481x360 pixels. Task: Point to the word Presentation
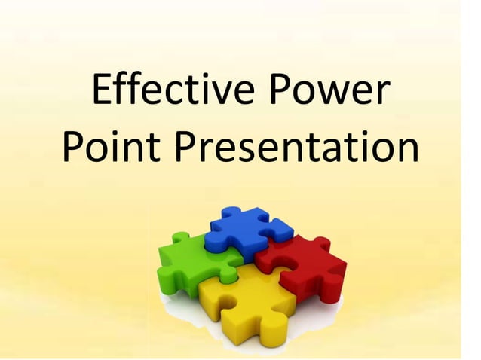pyautogui.click(x=296, y=149)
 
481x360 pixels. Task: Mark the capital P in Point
pyautogui.click(x=72, y=149)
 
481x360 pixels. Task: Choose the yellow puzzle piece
pyautogui.click(x=245, y=301)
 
